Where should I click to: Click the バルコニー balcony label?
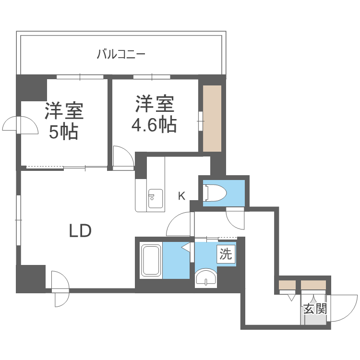(121, 54)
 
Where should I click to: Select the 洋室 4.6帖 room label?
(154, 114)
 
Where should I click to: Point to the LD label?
(80, 231)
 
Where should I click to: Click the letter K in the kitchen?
(181, 196)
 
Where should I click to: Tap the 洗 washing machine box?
(226, 254)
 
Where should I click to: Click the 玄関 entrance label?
(315, 309)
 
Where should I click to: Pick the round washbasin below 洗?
(206, 278)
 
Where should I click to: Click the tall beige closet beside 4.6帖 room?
(212, 118)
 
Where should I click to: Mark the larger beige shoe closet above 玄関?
(313, 285)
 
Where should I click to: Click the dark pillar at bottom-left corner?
(30, 278)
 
